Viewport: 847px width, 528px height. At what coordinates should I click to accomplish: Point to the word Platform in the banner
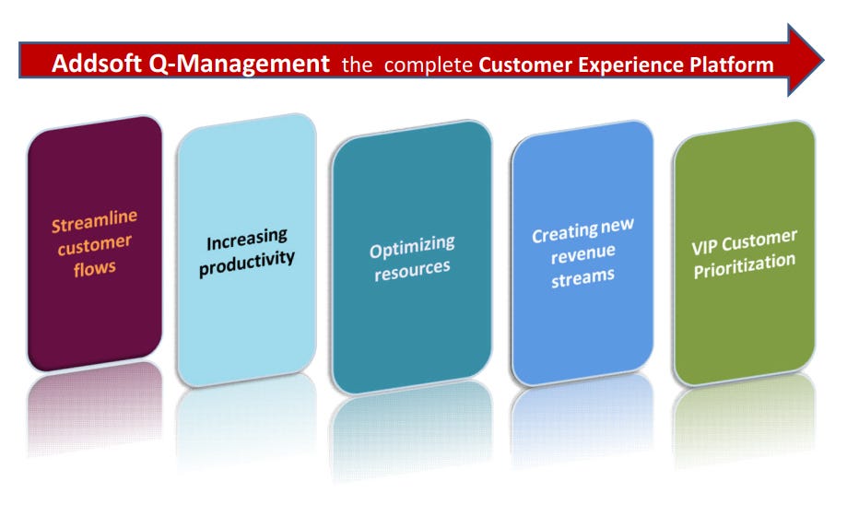click(x=727, y=65)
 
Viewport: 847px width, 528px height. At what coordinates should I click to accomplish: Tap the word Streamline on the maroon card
click(x=94, y=223)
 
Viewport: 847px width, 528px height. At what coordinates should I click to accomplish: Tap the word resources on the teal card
click(x=412, y=270)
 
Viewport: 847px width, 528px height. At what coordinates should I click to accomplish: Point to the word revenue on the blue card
click(x=582, y=254)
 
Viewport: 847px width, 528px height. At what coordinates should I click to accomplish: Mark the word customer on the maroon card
click(x=94, y=247)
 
